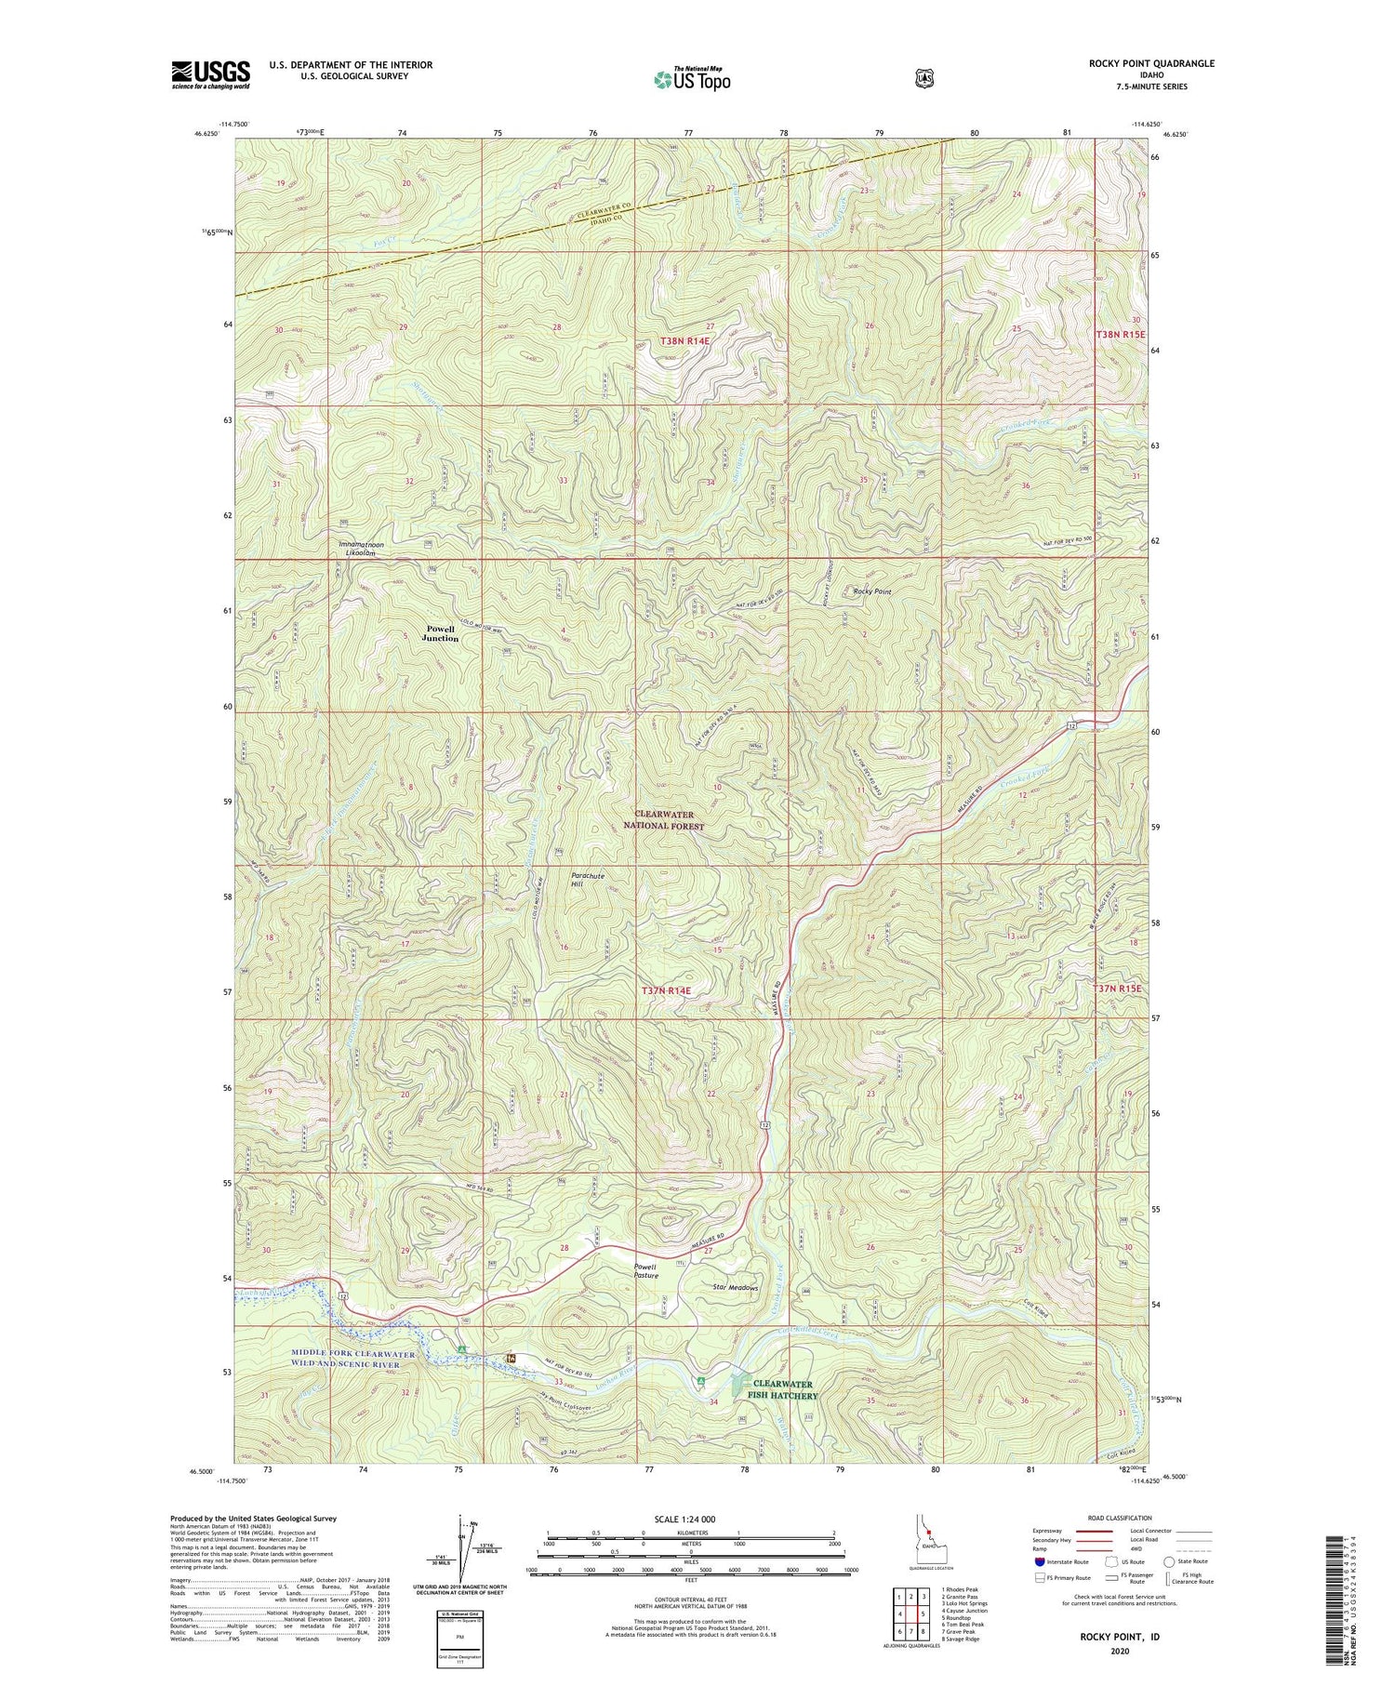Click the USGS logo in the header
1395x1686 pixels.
[210, 74]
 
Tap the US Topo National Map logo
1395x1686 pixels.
[692, 78]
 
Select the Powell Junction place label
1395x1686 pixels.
[440, 633]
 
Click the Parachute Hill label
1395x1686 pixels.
[587, 880]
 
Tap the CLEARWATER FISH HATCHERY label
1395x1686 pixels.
[785, 1389]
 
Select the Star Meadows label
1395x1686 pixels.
[735, 1288]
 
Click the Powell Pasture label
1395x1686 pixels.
[645, 1271]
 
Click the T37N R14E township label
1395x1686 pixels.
[666, 991]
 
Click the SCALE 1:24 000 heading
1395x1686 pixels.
[690, 1519]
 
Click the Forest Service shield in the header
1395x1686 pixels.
[923, 78]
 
